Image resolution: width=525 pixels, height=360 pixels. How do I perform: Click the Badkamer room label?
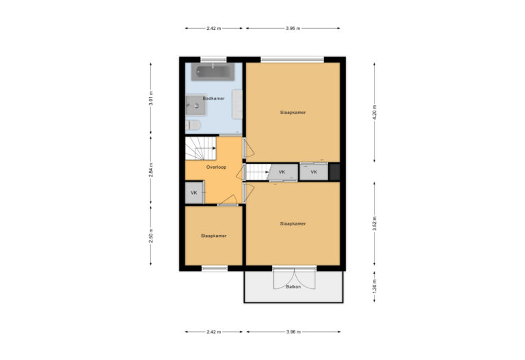tap(213, 98)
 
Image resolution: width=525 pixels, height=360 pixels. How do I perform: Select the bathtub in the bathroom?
tap(213, 71)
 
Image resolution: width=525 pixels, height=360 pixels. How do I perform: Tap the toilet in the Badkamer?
tap(193, 125)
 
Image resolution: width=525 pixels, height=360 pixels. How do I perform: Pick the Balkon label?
tap(293, 287)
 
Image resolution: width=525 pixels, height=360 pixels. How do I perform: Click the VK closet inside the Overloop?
tap(194, 193)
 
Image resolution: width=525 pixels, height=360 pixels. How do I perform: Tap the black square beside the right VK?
tap(334, 171)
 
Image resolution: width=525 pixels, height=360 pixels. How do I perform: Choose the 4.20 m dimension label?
tap(374, 112)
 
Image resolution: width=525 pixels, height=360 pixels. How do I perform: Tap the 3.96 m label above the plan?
tap(293, 28)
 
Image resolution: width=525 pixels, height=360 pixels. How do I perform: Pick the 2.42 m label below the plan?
tap(213, 332)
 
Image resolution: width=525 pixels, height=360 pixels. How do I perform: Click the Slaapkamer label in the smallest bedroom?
tap(213, 236)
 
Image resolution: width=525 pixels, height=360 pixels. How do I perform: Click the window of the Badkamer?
tap(213, 59)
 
